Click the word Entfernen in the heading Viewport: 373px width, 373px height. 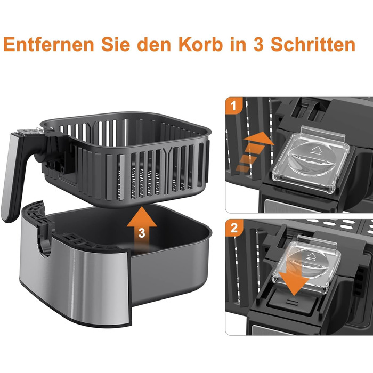point(49,44)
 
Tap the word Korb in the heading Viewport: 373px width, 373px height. point(200,44)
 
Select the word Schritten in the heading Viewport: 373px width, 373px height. point(313,44)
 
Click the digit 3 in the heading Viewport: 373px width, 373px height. point(258,44)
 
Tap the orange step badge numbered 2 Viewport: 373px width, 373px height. point(234,228)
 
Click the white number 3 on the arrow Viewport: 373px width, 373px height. point(142,233)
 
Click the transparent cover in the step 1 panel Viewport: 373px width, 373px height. point(311,159)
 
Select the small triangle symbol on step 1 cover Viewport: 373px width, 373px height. point(317,150)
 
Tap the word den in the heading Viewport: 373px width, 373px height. point(154,44)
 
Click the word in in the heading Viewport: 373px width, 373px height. point(238,44)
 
